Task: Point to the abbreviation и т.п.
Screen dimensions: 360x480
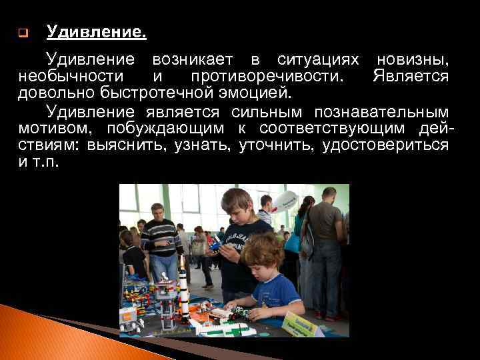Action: tap(39, 161)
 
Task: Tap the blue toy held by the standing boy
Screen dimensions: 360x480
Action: tap(214, 246)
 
